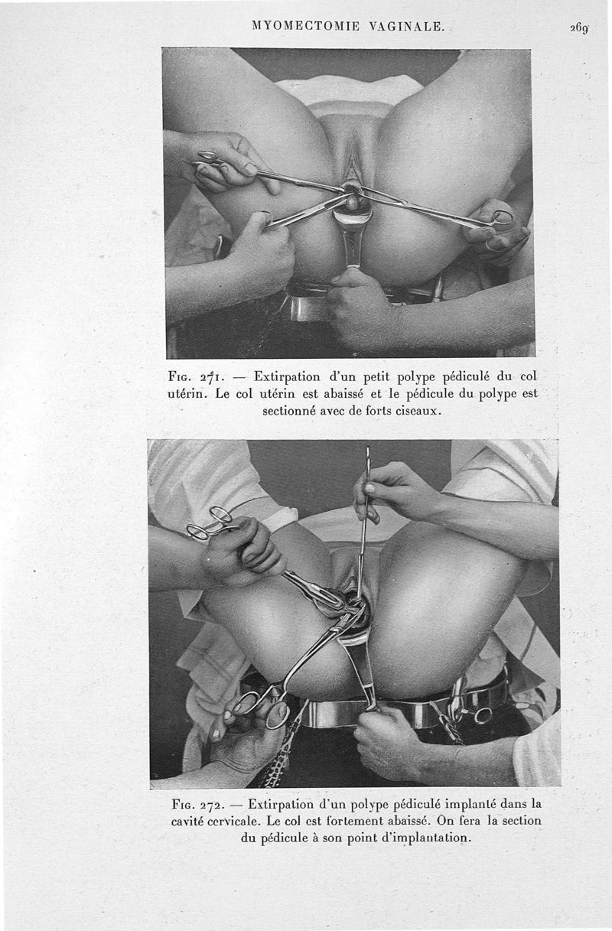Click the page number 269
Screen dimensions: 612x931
pos(579,28)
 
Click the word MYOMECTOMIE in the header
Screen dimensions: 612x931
pos(305,26)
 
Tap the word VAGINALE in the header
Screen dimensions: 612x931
pos(406,26)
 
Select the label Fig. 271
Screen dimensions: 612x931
pos(197,377)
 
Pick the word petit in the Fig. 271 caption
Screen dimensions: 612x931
pos(376,377)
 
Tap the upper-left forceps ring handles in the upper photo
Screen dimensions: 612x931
pos(210,158)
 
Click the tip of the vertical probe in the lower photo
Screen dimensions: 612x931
pos(367,448)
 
